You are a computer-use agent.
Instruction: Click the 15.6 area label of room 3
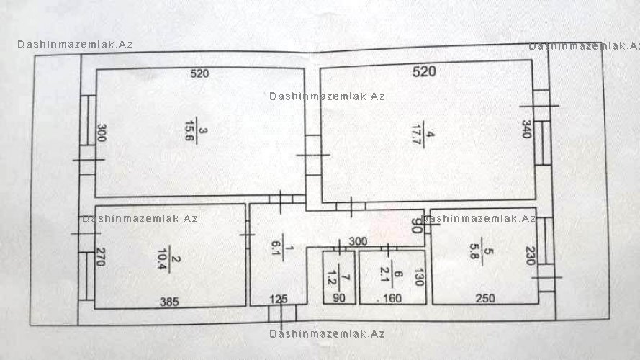(x=189, y=130)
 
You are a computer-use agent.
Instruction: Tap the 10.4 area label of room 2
(x=162, y=259)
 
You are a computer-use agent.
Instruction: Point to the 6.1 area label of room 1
(x=276, y=248)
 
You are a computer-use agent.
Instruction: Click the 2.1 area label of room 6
(x=384, y=274)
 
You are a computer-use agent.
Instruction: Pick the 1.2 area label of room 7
(x=332, y=277)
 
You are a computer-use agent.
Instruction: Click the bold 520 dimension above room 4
(x=424, y=72)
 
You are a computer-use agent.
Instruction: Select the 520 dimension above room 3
(x=199, y=73)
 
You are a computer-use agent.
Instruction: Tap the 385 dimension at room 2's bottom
(x=169, y=302)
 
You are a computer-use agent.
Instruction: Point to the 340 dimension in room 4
(x=527, y=129)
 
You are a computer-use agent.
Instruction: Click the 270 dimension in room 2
(x=100, y=257)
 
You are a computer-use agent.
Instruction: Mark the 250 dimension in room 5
(x=485, y=299)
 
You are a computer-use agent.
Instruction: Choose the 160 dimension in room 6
(x=392, y=299)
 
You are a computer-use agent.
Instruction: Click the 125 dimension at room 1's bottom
(x=279, y=300)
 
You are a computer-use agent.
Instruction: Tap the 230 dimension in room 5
(x=530, y=256)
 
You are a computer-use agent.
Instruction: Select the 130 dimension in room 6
(x=419, y=276)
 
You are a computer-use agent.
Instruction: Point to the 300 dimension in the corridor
(x=358, y=242)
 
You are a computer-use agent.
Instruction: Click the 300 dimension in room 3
(x=102, y=132)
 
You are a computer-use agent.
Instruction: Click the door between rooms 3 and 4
(x=313, y=155)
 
